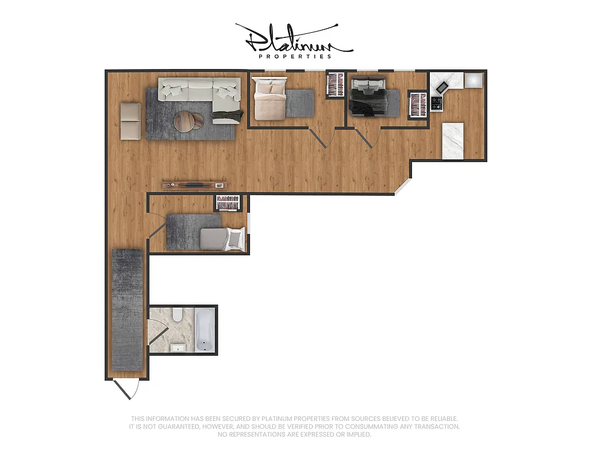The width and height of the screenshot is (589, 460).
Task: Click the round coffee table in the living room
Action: [x=185, y=121]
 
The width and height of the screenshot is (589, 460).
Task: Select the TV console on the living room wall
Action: [x=194, y=185]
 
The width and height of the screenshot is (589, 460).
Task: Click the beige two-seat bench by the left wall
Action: [x=130, y=121]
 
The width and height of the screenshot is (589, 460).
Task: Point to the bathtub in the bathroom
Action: [x=205, y=331]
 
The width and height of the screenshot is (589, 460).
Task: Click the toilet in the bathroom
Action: [x=178, y=314]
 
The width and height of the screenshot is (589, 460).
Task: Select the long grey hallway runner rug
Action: [x=127, y=309]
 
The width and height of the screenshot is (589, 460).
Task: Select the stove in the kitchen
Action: [x=436, y=103]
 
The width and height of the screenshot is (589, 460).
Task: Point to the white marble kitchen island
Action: [x=453, y=140]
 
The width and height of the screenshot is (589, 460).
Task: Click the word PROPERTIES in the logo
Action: [x=295, y=56]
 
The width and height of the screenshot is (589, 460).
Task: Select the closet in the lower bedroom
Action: [x=228, y=203]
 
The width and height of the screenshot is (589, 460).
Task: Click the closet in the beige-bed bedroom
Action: [x=334, y=85]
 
